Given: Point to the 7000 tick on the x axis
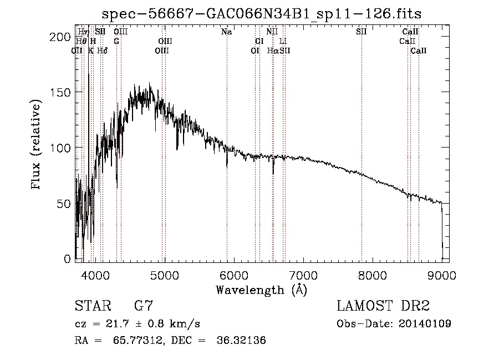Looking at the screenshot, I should pos(303,274).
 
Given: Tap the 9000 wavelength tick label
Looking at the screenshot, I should pos(442,274).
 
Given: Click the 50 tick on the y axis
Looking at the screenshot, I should pos(64,204).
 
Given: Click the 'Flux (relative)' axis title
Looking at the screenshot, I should pos(37,145).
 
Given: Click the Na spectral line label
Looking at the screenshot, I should pos(226,32).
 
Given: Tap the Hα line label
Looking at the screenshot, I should pos(272,50).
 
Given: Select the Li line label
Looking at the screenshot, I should pos(283,41).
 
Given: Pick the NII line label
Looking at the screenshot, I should pos(272,32).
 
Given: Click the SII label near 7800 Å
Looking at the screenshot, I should pos(361,32).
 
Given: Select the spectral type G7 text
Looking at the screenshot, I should pos(144,306).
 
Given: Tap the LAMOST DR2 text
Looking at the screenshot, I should pos(383,306).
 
